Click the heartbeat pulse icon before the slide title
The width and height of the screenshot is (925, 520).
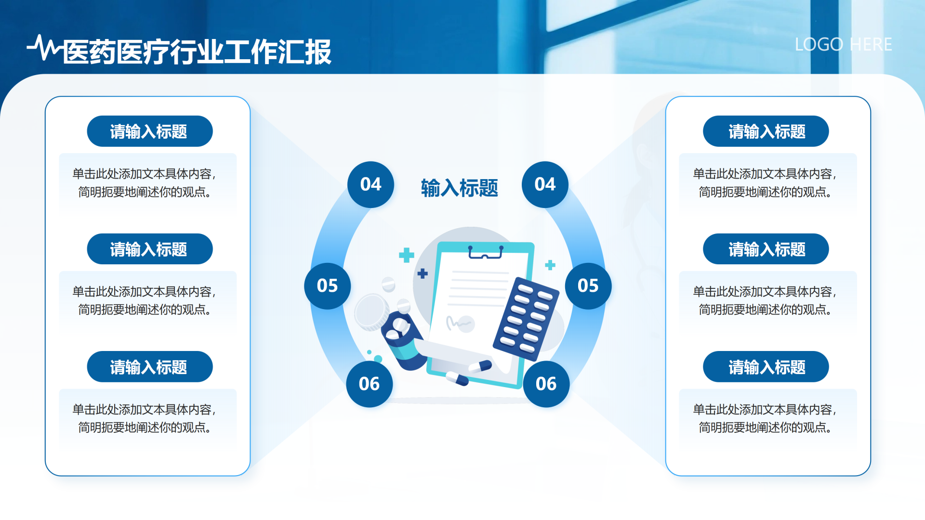coord(45,48)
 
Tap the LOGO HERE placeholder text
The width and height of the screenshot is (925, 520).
coord(843,44)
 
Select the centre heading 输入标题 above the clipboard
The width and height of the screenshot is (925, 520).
coord(459,188)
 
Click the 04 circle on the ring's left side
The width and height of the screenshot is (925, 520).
coord(370,184)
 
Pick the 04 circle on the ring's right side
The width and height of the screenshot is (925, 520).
coord(545,184)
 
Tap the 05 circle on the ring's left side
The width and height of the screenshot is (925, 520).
coord(328,286)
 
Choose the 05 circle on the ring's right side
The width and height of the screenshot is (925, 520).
coord(588,286)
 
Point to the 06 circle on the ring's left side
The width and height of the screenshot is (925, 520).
coord(369,384)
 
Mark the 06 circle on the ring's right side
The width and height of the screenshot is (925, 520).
coord(546,384)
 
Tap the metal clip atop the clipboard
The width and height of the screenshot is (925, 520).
coord(486,252)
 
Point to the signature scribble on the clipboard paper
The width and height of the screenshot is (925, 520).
coord(459,323)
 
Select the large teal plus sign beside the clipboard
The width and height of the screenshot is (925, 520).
coord(407,255)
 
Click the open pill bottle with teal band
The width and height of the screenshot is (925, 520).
coord(403,341)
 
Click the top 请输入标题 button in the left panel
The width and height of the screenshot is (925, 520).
coord(150,131)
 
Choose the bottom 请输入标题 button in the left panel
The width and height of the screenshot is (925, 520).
coord(150,367)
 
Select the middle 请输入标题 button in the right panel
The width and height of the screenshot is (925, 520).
coord(766,249)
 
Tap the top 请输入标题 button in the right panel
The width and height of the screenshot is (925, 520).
coord(766,131)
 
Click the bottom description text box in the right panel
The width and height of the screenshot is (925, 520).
coord(768,418)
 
